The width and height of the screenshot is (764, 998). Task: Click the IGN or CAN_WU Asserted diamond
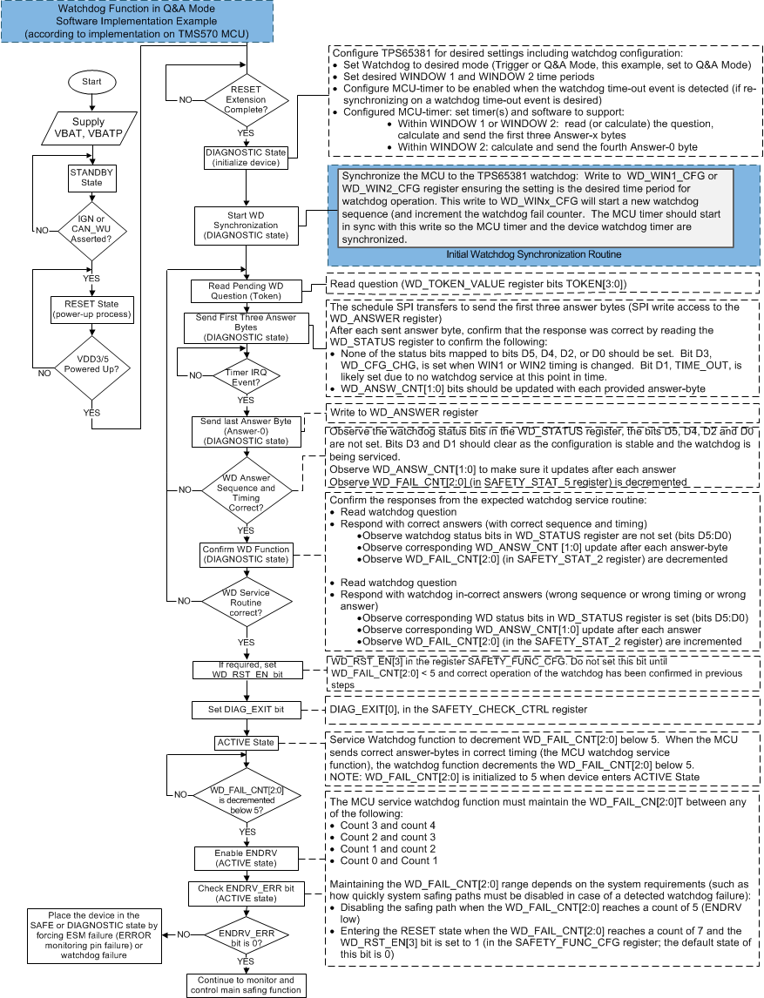[91, 231]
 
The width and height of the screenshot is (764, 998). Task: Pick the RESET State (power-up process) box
[91, 309]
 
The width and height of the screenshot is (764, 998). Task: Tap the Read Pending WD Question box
[246, 291]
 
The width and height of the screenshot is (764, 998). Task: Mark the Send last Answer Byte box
[246, 430]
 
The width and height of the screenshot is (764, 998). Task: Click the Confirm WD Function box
[246, 554]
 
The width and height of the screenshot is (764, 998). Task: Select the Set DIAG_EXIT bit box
[246, 710]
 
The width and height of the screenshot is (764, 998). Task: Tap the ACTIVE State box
[246, 743]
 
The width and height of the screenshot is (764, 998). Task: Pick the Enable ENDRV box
[246, 858]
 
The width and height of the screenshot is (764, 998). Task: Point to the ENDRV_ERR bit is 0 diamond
[246, 934]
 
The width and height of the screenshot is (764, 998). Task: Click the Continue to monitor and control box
[246, 985]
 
